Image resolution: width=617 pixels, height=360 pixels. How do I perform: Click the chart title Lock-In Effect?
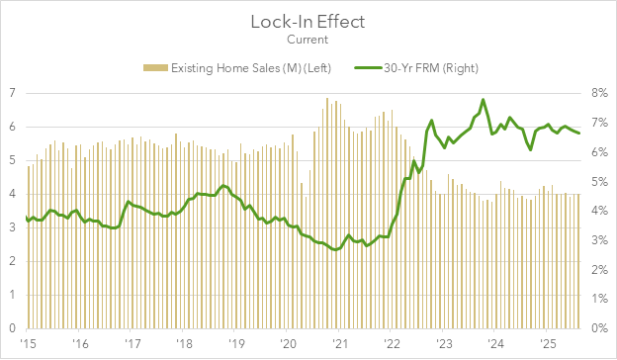point(308,21)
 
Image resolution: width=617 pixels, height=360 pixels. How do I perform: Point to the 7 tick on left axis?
point(12,93)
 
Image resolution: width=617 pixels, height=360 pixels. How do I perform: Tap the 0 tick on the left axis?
point(12,328)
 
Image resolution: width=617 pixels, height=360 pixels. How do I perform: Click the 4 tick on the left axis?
point(12,194)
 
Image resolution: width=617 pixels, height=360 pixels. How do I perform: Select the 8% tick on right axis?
point(599,93)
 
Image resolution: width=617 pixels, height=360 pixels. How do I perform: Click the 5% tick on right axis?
point(599,181)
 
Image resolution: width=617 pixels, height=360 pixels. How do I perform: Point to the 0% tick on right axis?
point(599,328)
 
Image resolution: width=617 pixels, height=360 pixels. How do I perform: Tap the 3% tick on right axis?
point(599,240)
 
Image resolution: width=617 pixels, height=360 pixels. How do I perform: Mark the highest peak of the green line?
point(483,100)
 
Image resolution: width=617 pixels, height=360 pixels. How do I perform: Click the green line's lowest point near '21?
point(335,249)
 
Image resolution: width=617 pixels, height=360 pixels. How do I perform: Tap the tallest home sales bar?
point(327,98)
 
